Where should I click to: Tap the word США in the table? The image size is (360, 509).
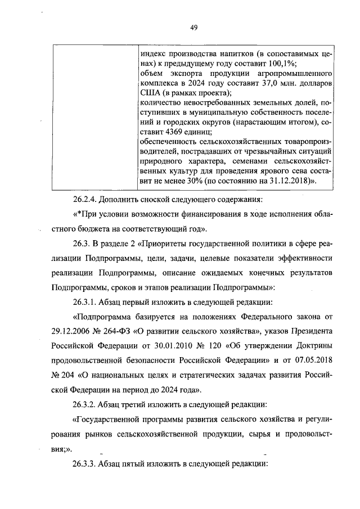point(147,92)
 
